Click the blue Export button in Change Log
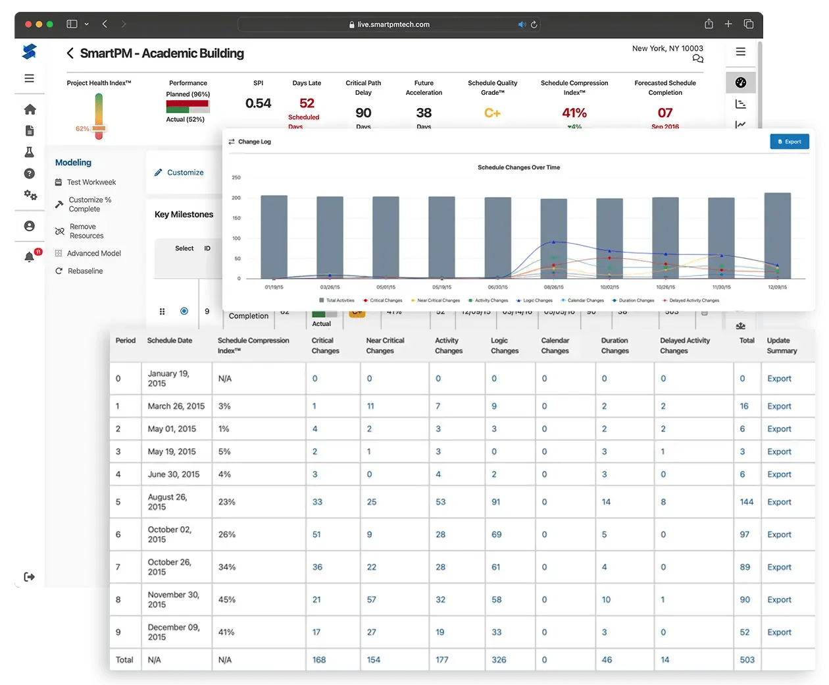pyautogui.click(x=789, y=142)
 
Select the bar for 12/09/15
pyautogui.click(x=777, y=235)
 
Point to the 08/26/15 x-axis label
pyautogui.click(x=554, y=287)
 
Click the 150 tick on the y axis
pyautogui.click(x=236, y=218)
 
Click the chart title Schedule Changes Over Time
pyautogui.click(x=518, y=167)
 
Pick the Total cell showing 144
pyautogui.click(x=746, y=502)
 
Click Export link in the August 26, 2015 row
pyautogui.click(x=779, y=502)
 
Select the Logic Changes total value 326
pyautogui.click(x=499, y=660)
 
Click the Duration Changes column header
pyautogui.click(x=615, y=346)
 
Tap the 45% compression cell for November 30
pyautogui.click(x=227, y=600)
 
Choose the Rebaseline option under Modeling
pyautogui.click(x=85, y=271)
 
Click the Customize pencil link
pyautogui.click(x=179, y=173)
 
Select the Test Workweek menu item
pyautogui.click(x=91, y=182)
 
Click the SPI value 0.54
pyautogui.click(x=258, y=103)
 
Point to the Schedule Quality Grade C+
pyautogui.click(x=492, y=113)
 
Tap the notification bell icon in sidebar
pyautogui.click(x=29, y=257)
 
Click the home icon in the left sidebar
pyautogui.click(x=30, y=109)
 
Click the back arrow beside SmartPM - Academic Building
pyautogui.click(x=70, y=53)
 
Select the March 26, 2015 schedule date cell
pyautogui.click(x=176, y=406)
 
